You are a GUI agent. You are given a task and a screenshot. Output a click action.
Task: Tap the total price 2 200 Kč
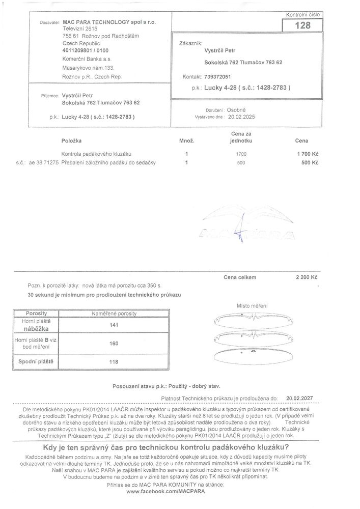tap(307, 278)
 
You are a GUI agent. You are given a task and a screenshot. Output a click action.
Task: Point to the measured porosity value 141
tap(114, 325)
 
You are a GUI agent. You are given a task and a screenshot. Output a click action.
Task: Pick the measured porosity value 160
tap(114, 344)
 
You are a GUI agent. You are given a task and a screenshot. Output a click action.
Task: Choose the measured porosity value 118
tap(114, 362)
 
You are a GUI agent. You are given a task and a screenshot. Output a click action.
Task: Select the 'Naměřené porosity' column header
tap(114, 314)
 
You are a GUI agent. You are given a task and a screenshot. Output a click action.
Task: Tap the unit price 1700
tap(241, 153)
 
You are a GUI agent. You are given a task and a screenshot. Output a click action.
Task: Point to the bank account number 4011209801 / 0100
tap(85, 51)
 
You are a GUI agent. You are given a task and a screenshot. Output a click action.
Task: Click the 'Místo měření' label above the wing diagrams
tap(252, 306)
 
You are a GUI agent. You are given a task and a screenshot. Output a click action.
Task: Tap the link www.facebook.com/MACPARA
tap(161, 492)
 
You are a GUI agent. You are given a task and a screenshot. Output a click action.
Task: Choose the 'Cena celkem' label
tap(239, 277)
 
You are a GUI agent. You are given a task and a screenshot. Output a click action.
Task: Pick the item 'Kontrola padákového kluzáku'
tap(97, 153)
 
